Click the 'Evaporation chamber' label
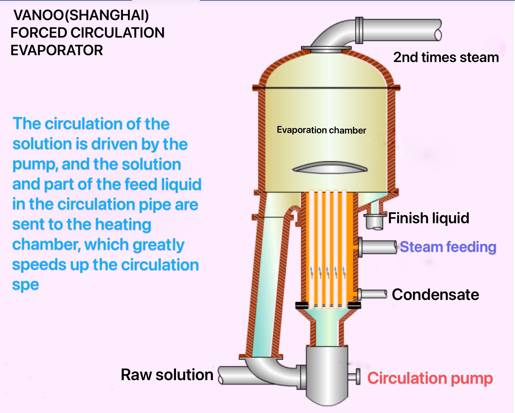coord(321,130)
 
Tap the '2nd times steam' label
coord(446,57)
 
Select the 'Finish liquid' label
coord(429,218)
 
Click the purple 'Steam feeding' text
coord(448,247)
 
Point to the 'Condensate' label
coord(435,294)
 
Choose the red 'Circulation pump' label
coord(430,378)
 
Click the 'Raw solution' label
coord(167,375)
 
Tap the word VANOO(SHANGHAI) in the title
coord(81,15)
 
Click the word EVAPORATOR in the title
coord(57,50)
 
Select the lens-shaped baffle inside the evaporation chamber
coord(330,168)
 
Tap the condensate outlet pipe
coord(373,294)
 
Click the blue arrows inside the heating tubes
coord(328,272)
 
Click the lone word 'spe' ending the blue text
coord(25,285)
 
